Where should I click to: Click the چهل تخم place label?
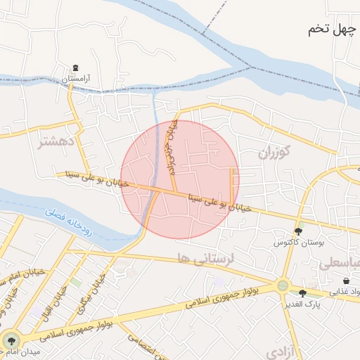point(333,30)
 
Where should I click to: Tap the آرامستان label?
point(77,79)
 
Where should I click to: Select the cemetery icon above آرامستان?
point(75,68)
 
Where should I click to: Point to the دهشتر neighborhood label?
point(57,143)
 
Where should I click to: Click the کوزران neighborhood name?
point(274,153)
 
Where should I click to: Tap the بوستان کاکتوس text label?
point(300,242)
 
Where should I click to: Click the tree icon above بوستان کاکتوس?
point(299,231)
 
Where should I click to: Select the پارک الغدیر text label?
point(304,304)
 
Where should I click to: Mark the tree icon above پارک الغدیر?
point(303,293)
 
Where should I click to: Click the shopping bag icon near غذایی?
point(347,281)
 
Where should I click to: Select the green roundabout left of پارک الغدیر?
point(283,286)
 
